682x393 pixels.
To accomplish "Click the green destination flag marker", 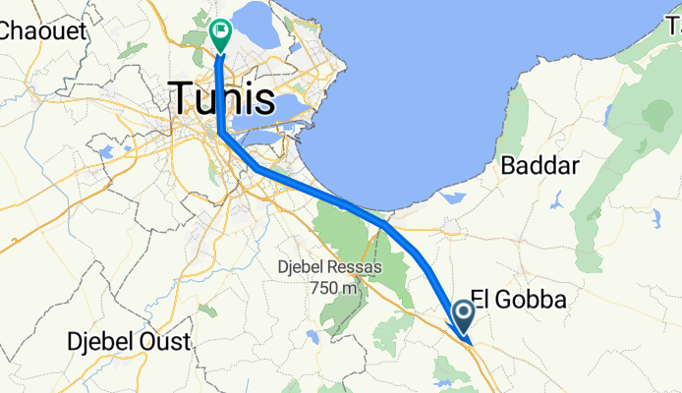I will (x=220, y=34).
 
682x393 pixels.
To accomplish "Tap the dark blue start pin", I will (x=464, y=315).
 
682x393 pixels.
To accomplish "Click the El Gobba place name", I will (x=519, y=299).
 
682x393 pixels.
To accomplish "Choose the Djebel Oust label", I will (x=129, y=341).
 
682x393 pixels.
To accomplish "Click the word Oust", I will (x=166, y=341).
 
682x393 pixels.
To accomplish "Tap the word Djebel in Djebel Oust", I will (x=102, y=341).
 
